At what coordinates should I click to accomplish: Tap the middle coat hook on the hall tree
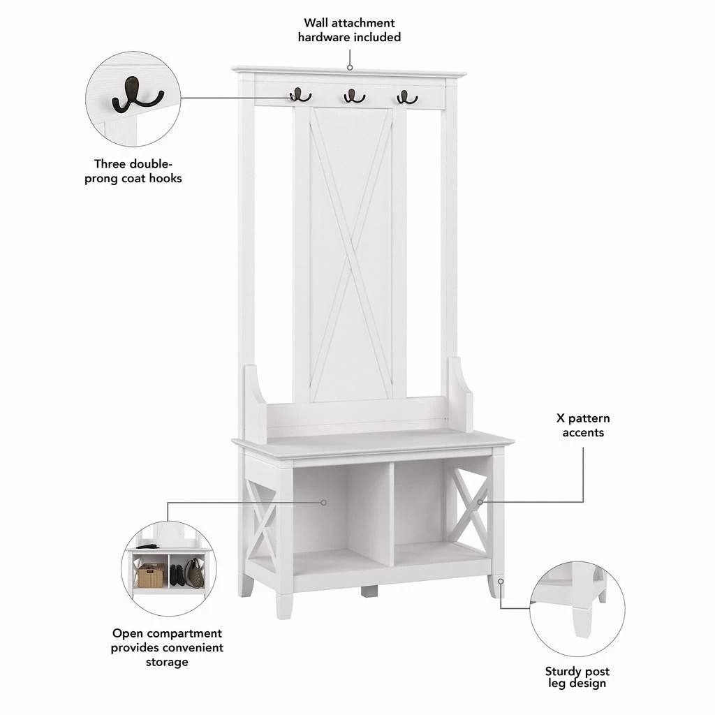(354, 96)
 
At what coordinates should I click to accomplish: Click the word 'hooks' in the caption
(165, 178)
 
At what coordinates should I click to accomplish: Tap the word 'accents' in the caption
(583, 433)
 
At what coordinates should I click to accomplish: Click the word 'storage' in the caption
(167, 661)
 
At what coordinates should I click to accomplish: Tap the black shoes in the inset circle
(177, 574)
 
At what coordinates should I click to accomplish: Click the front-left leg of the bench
(284, 600)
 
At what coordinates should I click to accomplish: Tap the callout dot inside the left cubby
(323, 502)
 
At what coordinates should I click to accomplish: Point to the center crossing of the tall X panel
(350, 253)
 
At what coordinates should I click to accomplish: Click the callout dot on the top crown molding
(350, 68)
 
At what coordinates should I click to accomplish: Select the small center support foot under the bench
(369, 591)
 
